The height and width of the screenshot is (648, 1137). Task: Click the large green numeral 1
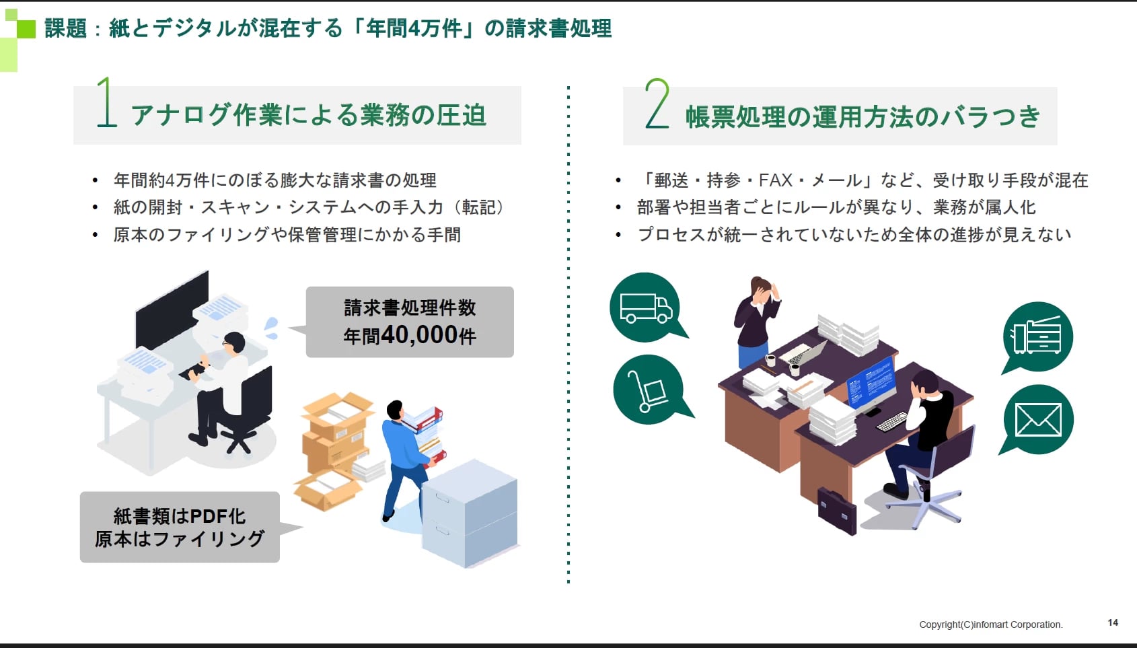tap(106, 102)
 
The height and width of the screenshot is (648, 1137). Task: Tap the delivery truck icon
tap(646, 308)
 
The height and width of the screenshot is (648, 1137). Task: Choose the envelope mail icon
tap(1038, 420)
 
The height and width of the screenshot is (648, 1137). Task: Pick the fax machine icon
tap(1036, 335)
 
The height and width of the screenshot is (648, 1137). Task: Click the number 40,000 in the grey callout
tap(420, 334)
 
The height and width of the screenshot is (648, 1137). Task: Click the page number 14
tap(1113, 622)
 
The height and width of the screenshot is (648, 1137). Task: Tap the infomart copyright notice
tap(991, 624)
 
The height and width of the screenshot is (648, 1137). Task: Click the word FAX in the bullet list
tap(776, 180)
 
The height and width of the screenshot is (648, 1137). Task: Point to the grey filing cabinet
tap(470, 513)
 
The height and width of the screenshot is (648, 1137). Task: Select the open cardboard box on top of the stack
tap(338, 413)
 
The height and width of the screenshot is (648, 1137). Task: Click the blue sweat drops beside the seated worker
tap(271, 328)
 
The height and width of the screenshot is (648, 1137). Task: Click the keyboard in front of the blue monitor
tap(892, 421)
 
